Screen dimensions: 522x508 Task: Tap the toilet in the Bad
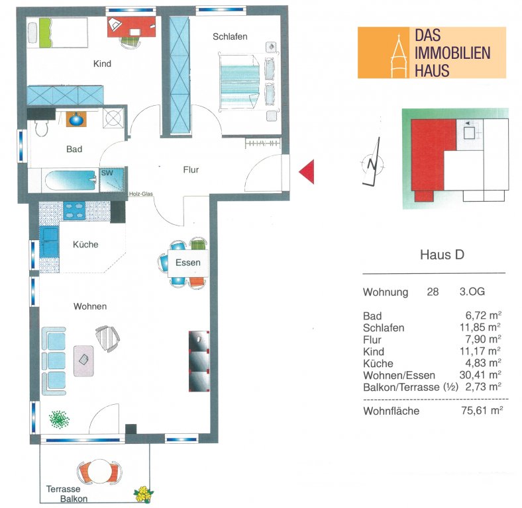(41, 128)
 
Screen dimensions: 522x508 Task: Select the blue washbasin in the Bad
(76, 119)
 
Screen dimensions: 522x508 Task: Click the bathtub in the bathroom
(71, 181)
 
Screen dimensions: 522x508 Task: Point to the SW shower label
(107, 173)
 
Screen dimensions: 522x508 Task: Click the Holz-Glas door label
(141, 194)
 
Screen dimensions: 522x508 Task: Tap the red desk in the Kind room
(132, 26)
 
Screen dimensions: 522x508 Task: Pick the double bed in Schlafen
(239, 82)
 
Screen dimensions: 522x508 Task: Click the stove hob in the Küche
(74, 211)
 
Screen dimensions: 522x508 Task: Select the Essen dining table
(188, 263)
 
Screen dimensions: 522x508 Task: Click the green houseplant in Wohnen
(59, 419)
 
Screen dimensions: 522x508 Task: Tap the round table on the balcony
(99, 472)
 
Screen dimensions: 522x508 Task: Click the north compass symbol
(372, 163)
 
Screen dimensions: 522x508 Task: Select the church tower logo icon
(399, 55)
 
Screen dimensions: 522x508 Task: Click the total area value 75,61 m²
(482, 410)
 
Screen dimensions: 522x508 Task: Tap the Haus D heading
(442, 255)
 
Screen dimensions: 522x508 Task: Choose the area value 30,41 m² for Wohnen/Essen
(480, 374)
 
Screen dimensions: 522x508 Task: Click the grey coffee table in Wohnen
(83, 360)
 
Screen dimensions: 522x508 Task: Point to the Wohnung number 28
(433, 292)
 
